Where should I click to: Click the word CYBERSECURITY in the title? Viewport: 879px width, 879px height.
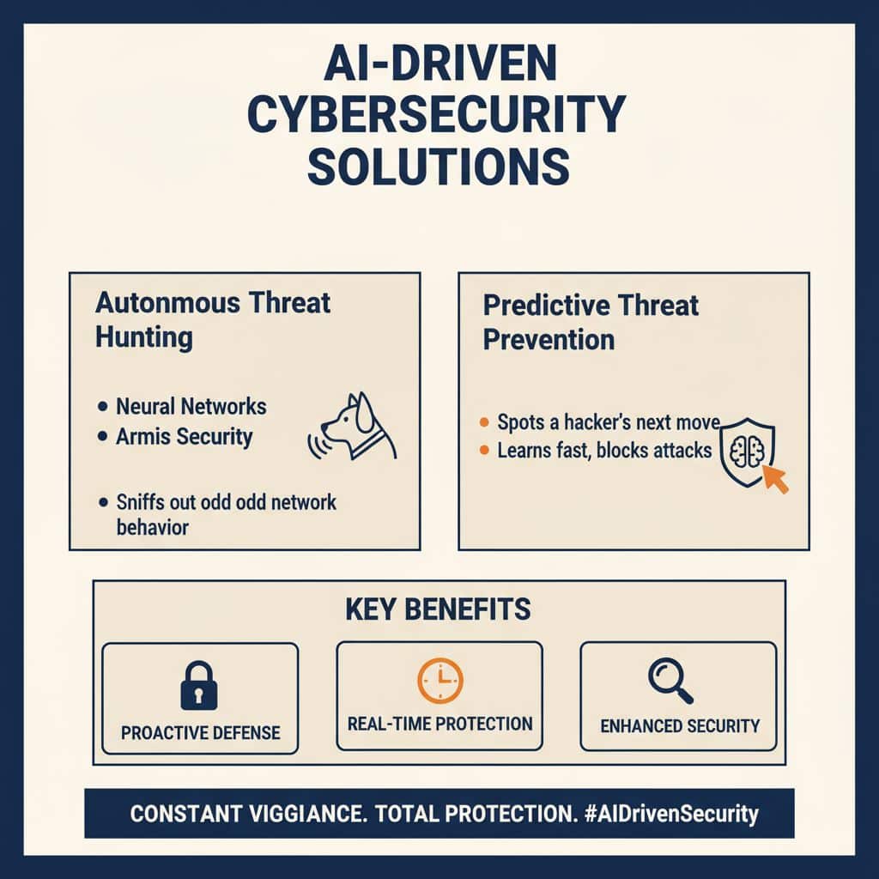pos(438,116)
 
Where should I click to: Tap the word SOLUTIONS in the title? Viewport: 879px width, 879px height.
pos(438,167)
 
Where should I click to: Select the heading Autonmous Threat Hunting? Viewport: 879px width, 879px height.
pos(213,319)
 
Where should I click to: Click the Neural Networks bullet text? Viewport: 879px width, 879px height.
pos(191,406)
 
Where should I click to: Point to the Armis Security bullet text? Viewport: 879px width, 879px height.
pos(184,436)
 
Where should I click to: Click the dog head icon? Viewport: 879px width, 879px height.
pos(361,425)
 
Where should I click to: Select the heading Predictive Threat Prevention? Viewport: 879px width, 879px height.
pos(591,322)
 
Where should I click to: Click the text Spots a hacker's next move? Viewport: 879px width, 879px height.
pos(608,422)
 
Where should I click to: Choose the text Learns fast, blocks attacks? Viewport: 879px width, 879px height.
pos(604,450)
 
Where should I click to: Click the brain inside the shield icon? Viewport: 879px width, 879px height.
pos(744,453)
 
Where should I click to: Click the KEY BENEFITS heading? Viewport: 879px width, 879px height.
pos(438,609)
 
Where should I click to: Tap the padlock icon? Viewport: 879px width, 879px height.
pos(199,684)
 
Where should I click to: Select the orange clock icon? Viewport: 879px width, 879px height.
pos(439,682)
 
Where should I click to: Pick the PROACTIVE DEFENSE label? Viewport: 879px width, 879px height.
pos(200,732)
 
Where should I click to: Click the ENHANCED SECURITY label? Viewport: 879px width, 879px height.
pos(679,725)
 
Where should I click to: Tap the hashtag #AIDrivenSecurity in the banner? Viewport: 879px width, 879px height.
pos(666,814)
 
